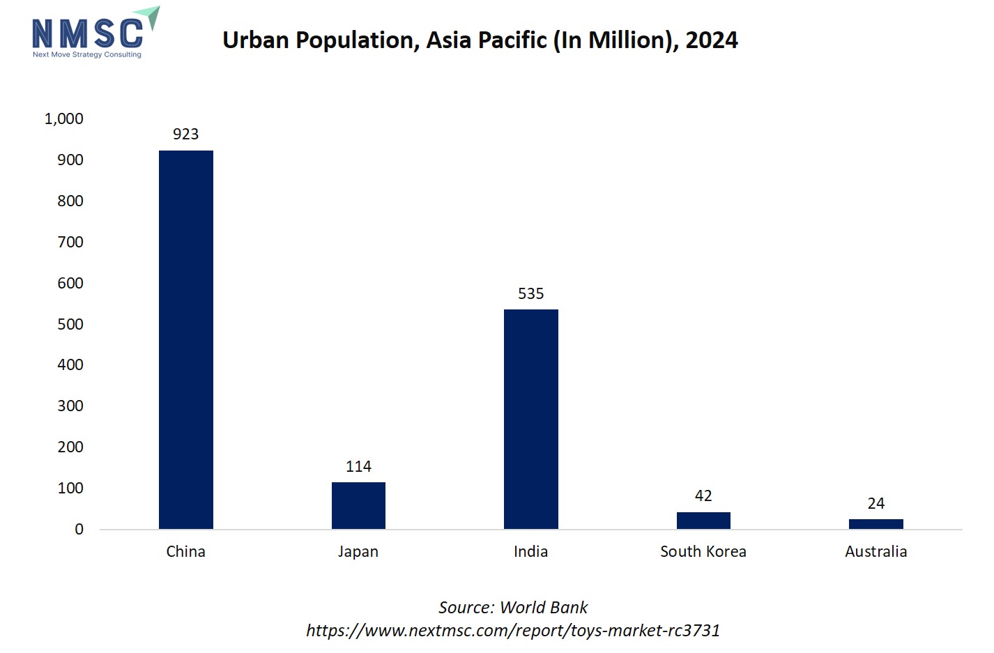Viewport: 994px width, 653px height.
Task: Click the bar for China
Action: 185,339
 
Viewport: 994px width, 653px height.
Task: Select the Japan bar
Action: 358,505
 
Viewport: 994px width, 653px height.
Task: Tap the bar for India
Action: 530,419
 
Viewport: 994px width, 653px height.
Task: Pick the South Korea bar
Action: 703,521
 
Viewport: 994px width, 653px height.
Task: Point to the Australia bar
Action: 876,524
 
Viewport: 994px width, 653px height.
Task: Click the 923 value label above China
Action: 185,134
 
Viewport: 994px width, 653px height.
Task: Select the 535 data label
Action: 530,293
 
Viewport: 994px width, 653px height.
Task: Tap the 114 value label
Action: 358,466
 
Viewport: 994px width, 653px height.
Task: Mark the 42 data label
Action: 703,495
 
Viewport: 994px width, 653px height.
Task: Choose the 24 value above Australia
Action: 876,503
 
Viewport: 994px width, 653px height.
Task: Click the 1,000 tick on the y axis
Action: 63,118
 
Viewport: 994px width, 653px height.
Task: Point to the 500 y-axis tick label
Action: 70,324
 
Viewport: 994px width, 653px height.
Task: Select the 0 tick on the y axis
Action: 79,529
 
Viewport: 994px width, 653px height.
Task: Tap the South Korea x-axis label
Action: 703,551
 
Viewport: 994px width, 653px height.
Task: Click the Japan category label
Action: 358,551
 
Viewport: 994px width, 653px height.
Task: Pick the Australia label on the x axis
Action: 876,551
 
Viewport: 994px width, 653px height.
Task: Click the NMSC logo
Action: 94,33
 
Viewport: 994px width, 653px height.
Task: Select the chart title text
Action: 480,40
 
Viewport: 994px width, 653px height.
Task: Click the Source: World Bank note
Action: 513,607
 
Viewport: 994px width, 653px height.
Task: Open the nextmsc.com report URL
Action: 513,630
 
